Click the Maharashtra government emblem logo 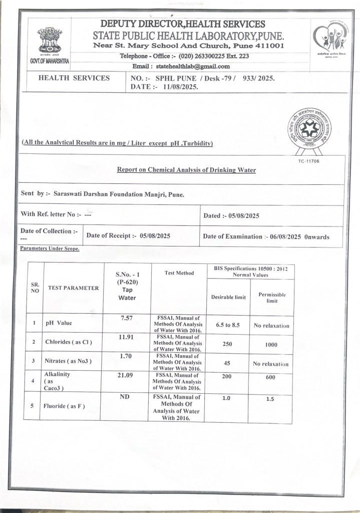coord(49,41)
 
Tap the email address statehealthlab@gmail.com coord(193,66)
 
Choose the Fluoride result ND coord(126,396)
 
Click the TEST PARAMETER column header coord(74,288)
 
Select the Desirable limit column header coord(228,297)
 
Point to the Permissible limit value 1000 coord(272,345)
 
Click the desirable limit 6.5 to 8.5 coord(228,325)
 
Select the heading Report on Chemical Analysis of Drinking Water coord(186,170)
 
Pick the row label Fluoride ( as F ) coord(65,406)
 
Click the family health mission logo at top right coord(328,39)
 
